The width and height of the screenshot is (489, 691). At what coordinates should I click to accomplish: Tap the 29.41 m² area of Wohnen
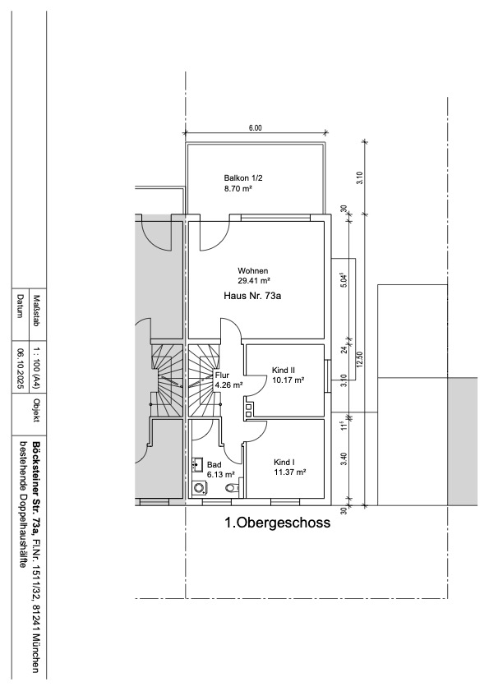pos(253,280)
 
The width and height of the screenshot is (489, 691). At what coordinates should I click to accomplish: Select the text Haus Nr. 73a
pos(252,296)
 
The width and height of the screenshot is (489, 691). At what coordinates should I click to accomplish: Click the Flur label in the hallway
pos(222,376)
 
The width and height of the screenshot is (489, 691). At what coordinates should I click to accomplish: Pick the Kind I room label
pos(284,463)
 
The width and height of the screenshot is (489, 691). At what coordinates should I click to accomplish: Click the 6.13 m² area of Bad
pos(220,475)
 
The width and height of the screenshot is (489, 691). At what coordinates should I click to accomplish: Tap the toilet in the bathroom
pos(232,488)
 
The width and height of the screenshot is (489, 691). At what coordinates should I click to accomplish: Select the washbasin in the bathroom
pos(197,464)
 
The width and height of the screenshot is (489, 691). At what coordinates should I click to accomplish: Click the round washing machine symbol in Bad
pos(200,488)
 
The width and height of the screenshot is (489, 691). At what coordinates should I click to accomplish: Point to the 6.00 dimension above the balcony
pos(256,128)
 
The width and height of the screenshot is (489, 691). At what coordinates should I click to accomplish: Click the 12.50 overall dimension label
pos(361,359)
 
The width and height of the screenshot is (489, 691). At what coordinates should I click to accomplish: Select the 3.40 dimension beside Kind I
pos(344,459)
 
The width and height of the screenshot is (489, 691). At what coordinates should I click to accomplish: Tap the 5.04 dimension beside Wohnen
pos(345,280)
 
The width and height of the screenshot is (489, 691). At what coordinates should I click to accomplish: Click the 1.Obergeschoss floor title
pos(277,523)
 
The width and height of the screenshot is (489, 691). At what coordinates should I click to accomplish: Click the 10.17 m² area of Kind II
pos(288,380)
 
